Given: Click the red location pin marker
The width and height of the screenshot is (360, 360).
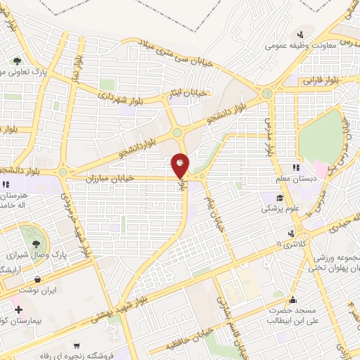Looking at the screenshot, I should tap(180, 165).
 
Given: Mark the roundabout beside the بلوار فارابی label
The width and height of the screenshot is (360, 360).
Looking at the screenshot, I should tap(267, 94).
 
